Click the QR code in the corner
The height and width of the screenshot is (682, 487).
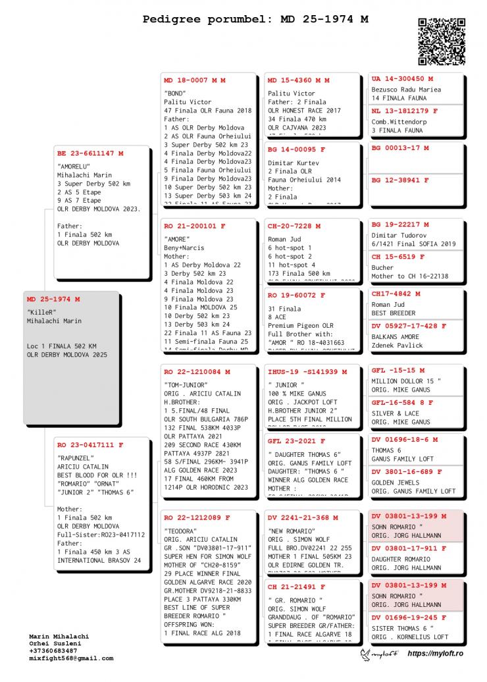click(442, 41)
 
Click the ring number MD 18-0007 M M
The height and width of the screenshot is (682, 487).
click(195, 80)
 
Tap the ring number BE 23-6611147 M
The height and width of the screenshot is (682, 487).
click(90, 153)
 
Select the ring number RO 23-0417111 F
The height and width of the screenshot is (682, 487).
click(90, 445)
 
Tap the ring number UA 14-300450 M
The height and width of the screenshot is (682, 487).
click(402, 79)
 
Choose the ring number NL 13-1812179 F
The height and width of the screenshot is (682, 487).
click(404, 111)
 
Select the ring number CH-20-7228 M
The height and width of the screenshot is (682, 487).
click(294, 226)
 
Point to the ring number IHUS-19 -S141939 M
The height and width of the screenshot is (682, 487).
click(307, 372)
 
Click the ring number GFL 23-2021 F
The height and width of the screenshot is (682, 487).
click(296, 441)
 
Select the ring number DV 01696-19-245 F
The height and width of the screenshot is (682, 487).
click(409, 617)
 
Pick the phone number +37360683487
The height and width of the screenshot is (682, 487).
click(58, 651)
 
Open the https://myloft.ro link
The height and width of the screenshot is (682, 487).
click(436, 653)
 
